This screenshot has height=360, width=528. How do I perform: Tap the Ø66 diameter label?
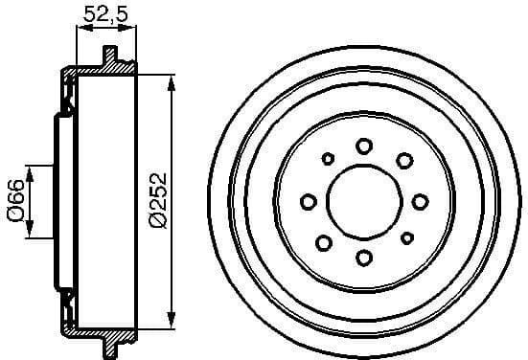pos(14,200)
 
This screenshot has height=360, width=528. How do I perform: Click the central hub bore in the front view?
pos(364,201)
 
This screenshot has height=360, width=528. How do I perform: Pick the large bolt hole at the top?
pos(364,146)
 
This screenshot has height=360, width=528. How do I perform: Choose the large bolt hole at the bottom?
pos(364,257)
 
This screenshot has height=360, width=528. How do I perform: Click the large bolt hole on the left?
pos(309,201)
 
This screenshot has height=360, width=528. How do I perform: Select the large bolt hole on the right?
pos(420,201)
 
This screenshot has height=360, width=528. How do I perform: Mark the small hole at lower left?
pos(325,240)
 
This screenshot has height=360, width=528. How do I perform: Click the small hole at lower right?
pos(406,237)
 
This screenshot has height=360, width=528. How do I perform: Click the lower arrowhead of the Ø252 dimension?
pos(172,320)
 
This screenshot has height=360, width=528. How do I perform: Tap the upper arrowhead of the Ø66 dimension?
pos(32,171)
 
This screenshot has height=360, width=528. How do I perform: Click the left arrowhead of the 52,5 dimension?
pos(80,29)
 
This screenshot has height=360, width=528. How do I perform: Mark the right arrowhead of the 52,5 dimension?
pos(133,29)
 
